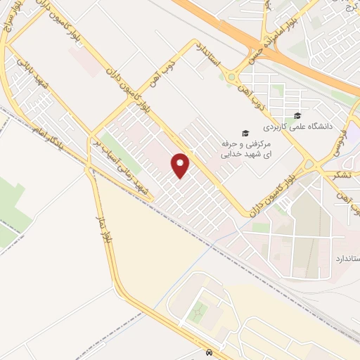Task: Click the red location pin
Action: [x=181, y=165]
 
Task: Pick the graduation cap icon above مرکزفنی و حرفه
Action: [x=245, y=133]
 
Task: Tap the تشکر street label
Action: [x=344, y=176]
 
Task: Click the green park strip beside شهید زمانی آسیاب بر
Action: [x=112, y=144]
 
